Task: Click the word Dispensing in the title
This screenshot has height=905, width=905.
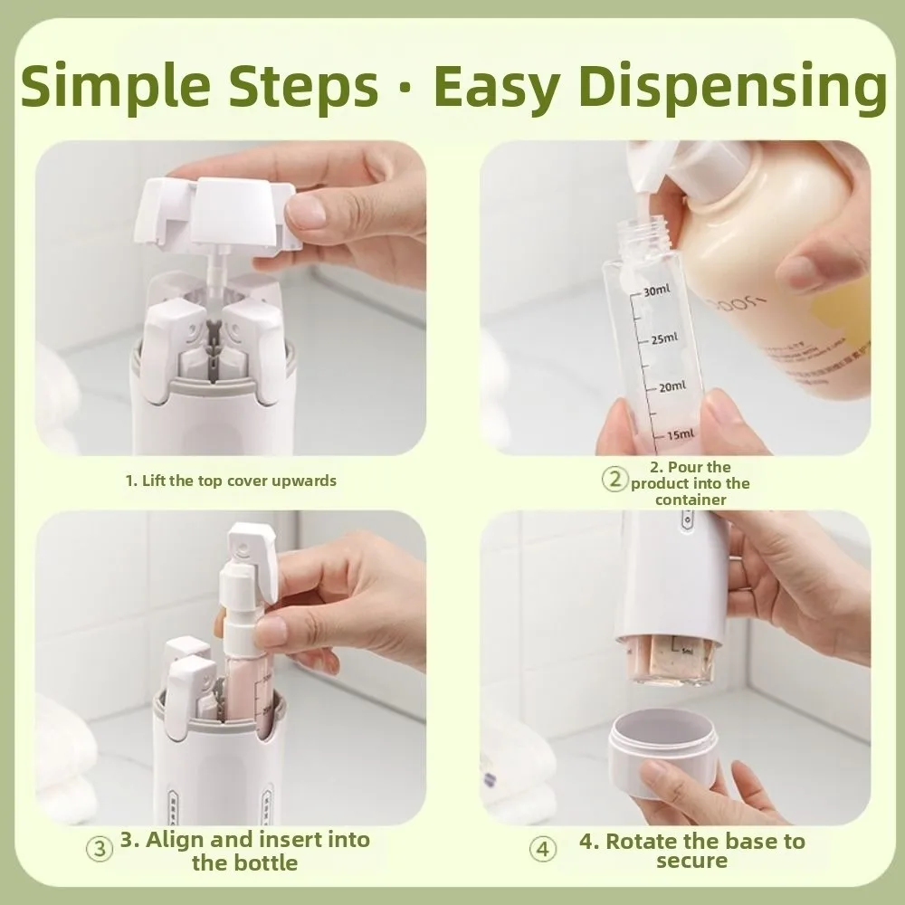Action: (733, 88)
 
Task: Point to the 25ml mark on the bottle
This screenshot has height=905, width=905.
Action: (662, 339)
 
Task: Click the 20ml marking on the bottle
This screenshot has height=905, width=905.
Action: (671, 387)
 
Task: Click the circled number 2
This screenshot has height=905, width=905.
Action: (615, 480)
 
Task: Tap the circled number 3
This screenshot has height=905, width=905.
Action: (100, 850)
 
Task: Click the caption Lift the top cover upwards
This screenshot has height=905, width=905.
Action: (230, 481)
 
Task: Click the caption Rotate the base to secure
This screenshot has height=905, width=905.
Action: (691, 850)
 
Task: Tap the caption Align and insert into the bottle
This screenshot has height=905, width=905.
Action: (244, 850)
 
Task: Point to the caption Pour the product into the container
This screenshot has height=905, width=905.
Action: (691, 483)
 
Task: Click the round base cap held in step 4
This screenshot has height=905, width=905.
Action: (666, 752)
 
